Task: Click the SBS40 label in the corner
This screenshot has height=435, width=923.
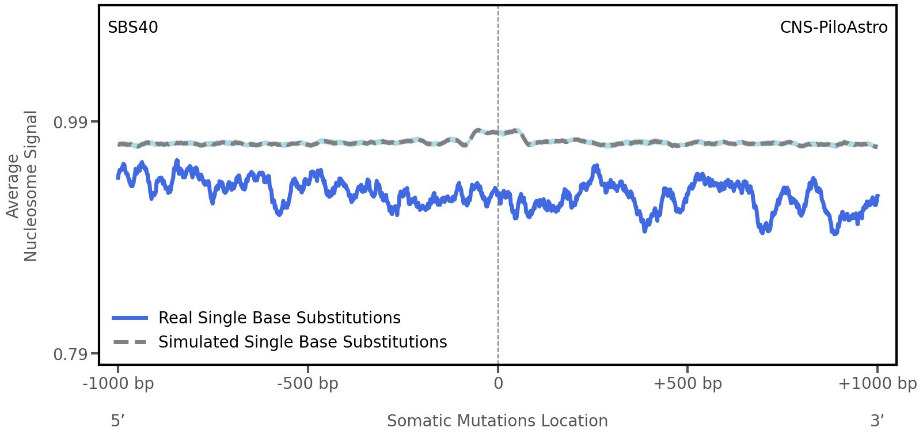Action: [x=132, y=28]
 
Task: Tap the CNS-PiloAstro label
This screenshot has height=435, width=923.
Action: [x=833, y=28]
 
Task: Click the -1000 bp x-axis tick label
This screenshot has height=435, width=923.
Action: [x=118, y=384]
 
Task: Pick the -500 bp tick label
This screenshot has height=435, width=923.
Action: [x=307, y=384]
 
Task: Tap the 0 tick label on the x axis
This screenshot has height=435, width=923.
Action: [x=498, y=384]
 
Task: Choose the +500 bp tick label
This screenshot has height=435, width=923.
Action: [x=687, y=384]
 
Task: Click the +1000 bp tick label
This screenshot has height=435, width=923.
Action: [x=877, y=384]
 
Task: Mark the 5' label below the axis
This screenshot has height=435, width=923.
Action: [x=117, y=421]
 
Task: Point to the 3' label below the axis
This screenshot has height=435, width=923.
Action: [x=877, y=421]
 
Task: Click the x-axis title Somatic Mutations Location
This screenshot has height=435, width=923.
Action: [x=497, y=421]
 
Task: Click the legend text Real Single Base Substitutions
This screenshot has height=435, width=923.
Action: [x=279, y=318]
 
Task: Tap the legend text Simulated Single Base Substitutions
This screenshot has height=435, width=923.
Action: [x=302, y=342]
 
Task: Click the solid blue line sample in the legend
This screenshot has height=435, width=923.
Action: [x=130, y=318]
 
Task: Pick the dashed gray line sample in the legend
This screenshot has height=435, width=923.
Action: [x=130, y=342]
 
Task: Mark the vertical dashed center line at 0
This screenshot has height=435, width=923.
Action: [x=498, y=259]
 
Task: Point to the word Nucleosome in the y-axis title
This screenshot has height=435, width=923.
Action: [x=31, y=185]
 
